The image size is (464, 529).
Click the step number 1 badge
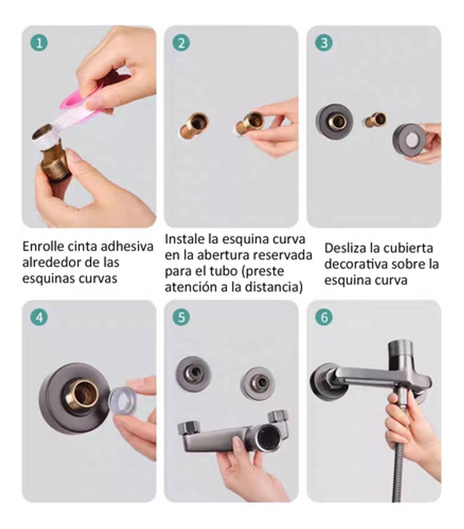click(x=39, y=43)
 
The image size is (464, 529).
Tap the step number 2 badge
click(x=181, y=43)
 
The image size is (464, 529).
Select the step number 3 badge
click(x=324, y=43)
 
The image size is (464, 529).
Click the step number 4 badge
click(x=39, y=317)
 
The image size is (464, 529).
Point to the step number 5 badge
click(x=181, y=317)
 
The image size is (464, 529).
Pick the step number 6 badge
click(x=324, y=317)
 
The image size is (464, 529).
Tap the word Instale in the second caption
click(x=185, y=239)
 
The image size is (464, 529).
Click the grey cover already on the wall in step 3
click(x=334, y=122)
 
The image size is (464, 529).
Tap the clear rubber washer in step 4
click(x=122, y=401)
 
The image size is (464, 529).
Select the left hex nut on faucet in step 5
click(x=189, y=428)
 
